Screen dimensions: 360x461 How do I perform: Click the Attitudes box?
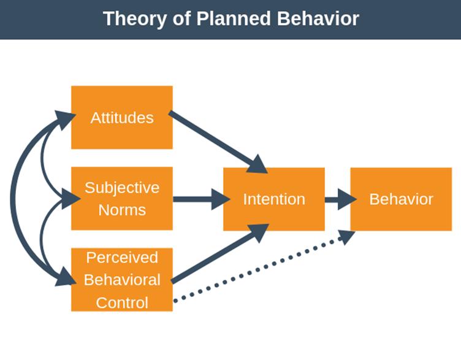pos(122,117)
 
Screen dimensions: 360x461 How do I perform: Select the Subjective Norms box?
pos(122,198)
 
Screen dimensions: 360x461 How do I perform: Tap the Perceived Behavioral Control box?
pos(122,279)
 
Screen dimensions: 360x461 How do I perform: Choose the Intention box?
pos(273,199)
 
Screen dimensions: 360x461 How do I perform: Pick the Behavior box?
pos(401,199)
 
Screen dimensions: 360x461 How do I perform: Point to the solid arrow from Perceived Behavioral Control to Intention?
pos(215,256)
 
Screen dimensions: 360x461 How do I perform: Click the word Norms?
pos(122,210)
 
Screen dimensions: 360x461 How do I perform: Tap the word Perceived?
pos(122,257)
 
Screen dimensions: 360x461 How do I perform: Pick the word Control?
pos(122,302)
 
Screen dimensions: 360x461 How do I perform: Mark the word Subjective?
pos(122,187)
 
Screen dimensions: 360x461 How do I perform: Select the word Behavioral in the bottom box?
pos(122,280)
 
